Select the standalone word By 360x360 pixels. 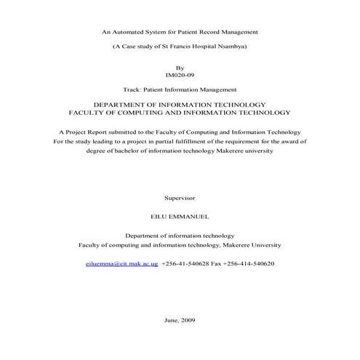point(180,67)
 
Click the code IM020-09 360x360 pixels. point(180,75)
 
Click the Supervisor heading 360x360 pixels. point(180,198)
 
